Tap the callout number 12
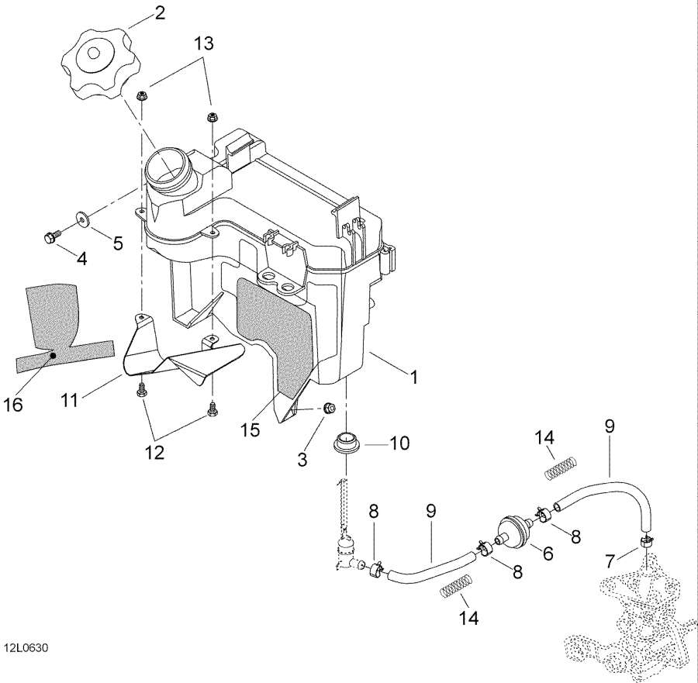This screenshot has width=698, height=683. pos(155,451)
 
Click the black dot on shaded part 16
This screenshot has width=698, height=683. pos(53,355)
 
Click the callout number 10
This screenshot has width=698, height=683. pos(399,444)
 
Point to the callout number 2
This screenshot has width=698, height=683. pos(160,12)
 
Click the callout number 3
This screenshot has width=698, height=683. pos(302,460)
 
